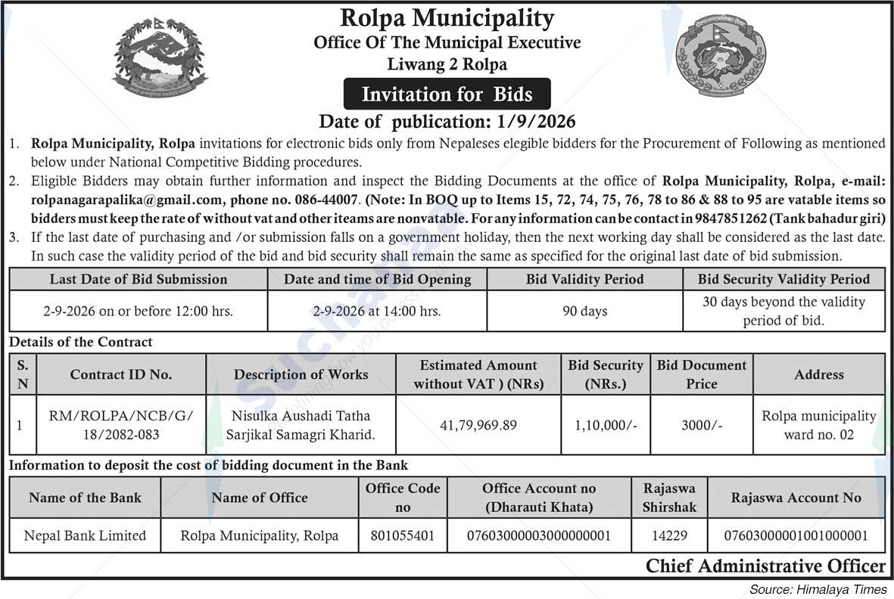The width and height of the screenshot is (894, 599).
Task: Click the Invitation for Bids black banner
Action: (447, 95)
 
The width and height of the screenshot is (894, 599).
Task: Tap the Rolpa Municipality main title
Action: (447, 17)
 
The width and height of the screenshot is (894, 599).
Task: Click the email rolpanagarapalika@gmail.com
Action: (126, 200)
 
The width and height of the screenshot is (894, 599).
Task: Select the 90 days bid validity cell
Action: (584, 311)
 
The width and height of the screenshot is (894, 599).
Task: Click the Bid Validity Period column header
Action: (584, 279)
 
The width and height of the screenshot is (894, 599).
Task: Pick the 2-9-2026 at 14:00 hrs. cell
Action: (377, 311)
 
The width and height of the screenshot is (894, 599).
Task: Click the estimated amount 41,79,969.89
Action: (478, 425)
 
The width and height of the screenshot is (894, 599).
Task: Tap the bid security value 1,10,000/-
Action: (605, 425)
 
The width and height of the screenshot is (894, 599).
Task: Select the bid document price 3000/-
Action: (701, 425)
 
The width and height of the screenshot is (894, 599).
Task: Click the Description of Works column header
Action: (301, 374)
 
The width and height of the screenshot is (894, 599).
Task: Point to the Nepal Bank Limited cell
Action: (85, 535)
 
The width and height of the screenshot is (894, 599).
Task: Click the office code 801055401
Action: (403, 535)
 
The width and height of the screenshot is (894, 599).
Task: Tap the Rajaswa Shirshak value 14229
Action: (669, 535)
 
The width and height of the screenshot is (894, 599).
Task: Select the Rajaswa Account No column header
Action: (796, 498)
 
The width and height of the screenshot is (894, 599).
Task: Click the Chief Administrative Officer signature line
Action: (765, 566)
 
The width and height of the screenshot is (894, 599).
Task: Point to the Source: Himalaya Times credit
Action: (818, 588)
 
